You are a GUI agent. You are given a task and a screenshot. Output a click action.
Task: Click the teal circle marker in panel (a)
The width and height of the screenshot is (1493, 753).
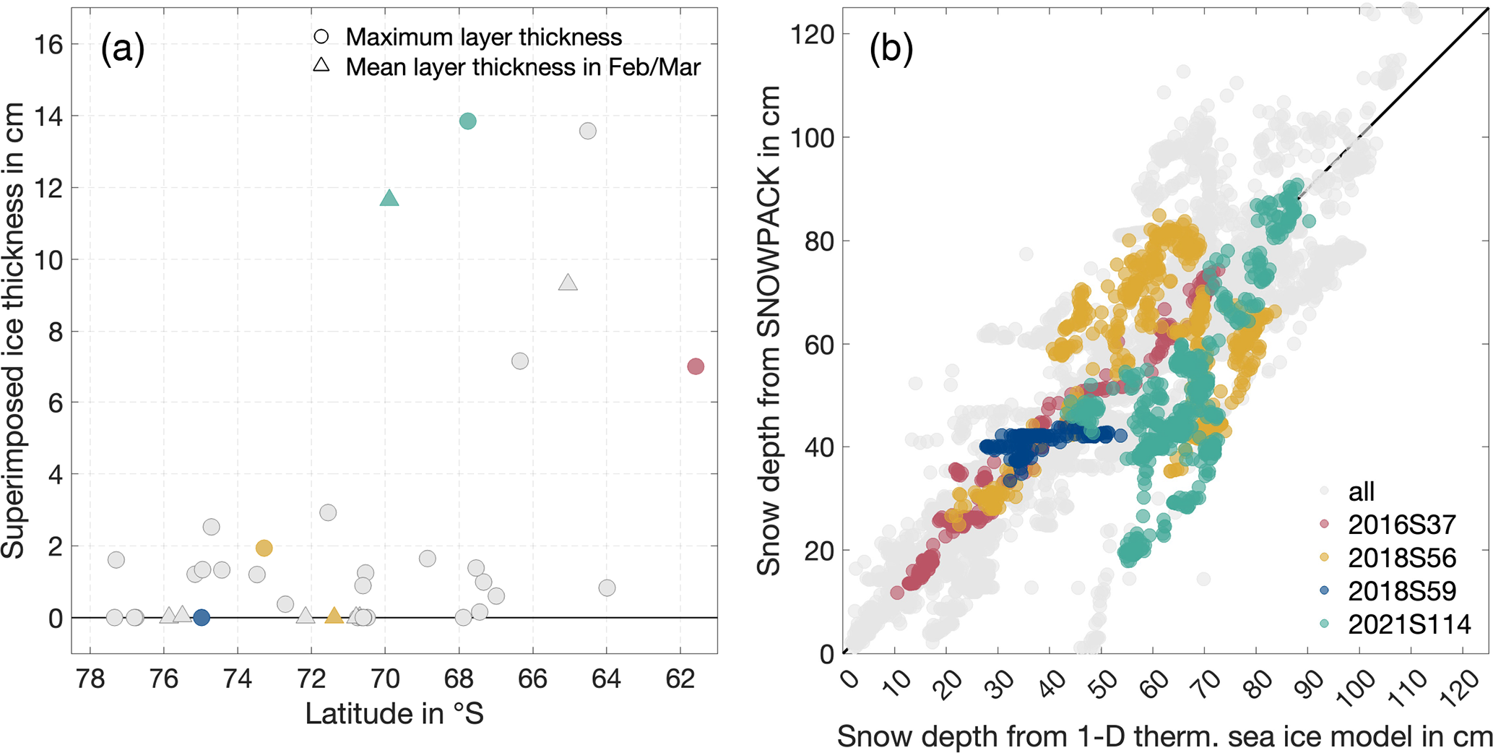coord(467,121)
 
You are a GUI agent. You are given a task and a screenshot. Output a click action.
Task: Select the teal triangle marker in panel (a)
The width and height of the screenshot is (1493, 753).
coord(389,199)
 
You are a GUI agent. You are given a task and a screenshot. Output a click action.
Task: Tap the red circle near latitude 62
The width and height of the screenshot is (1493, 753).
coord(695,366)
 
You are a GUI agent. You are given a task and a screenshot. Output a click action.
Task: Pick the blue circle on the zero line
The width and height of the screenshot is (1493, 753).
coord(202,618)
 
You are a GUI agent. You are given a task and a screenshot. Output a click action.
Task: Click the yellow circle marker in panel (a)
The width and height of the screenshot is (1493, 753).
coord(264,548)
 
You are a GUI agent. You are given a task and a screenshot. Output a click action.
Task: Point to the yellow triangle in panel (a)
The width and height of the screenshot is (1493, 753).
coord(334,616)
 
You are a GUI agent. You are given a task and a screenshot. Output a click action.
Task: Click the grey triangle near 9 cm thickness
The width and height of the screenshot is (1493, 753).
coord(568,283)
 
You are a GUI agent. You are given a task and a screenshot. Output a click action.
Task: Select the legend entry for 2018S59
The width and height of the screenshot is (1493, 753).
coord(1400,591)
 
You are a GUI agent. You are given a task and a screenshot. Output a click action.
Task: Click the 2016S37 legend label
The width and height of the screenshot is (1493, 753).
coord(1399,525)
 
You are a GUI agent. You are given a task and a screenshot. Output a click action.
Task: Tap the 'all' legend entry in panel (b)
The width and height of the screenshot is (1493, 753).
coord(1361,491)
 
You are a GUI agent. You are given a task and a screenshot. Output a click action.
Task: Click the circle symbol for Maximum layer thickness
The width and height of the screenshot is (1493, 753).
coord(321,37)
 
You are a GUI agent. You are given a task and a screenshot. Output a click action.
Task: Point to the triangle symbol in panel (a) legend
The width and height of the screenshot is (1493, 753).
coord(321,66)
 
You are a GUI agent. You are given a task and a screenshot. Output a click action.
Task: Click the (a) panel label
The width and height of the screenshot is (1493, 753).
coord(123,49)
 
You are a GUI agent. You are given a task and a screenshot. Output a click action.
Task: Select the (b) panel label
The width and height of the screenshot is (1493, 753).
coord(891,49)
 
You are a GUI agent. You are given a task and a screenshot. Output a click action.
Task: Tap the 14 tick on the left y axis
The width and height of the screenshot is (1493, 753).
coord(48,116)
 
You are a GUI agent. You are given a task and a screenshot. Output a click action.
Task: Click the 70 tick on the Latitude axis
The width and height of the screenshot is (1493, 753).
coord(385,679)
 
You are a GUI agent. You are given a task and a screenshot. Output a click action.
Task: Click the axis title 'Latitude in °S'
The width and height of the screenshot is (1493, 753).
coord(394,714)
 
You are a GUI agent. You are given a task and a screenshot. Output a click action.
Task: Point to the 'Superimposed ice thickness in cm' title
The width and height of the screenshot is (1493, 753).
coord(14,330)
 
